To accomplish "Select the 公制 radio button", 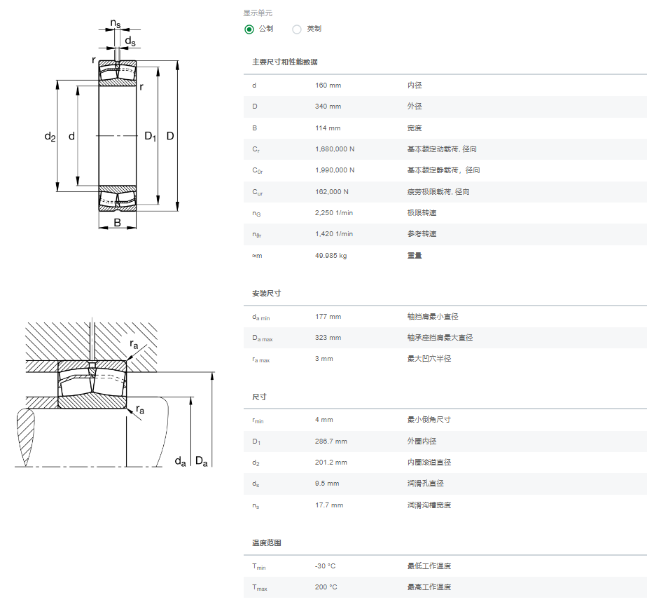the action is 249,29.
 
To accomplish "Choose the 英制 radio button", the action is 297,29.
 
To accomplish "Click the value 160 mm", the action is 328,85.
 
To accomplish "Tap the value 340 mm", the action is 328,107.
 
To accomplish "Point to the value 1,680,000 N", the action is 335,149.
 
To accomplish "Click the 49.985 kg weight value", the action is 331,256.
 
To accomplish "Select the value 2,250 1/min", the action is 334,213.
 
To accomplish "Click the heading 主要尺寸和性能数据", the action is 285,62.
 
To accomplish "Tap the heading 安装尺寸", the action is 267,293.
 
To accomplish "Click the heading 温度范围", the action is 267,542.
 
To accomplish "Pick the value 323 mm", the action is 328,338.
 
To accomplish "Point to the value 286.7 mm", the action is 331,442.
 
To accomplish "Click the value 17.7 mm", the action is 329,505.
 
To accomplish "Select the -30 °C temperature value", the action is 325,566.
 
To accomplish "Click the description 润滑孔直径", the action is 426,484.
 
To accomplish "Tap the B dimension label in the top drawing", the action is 118,223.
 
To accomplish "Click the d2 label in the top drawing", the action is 50,136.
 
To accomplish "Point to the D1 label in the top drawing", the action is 150,136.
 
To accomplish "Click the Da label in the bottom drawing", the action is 202,461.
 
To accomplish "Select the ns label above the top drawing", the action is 116,24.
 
